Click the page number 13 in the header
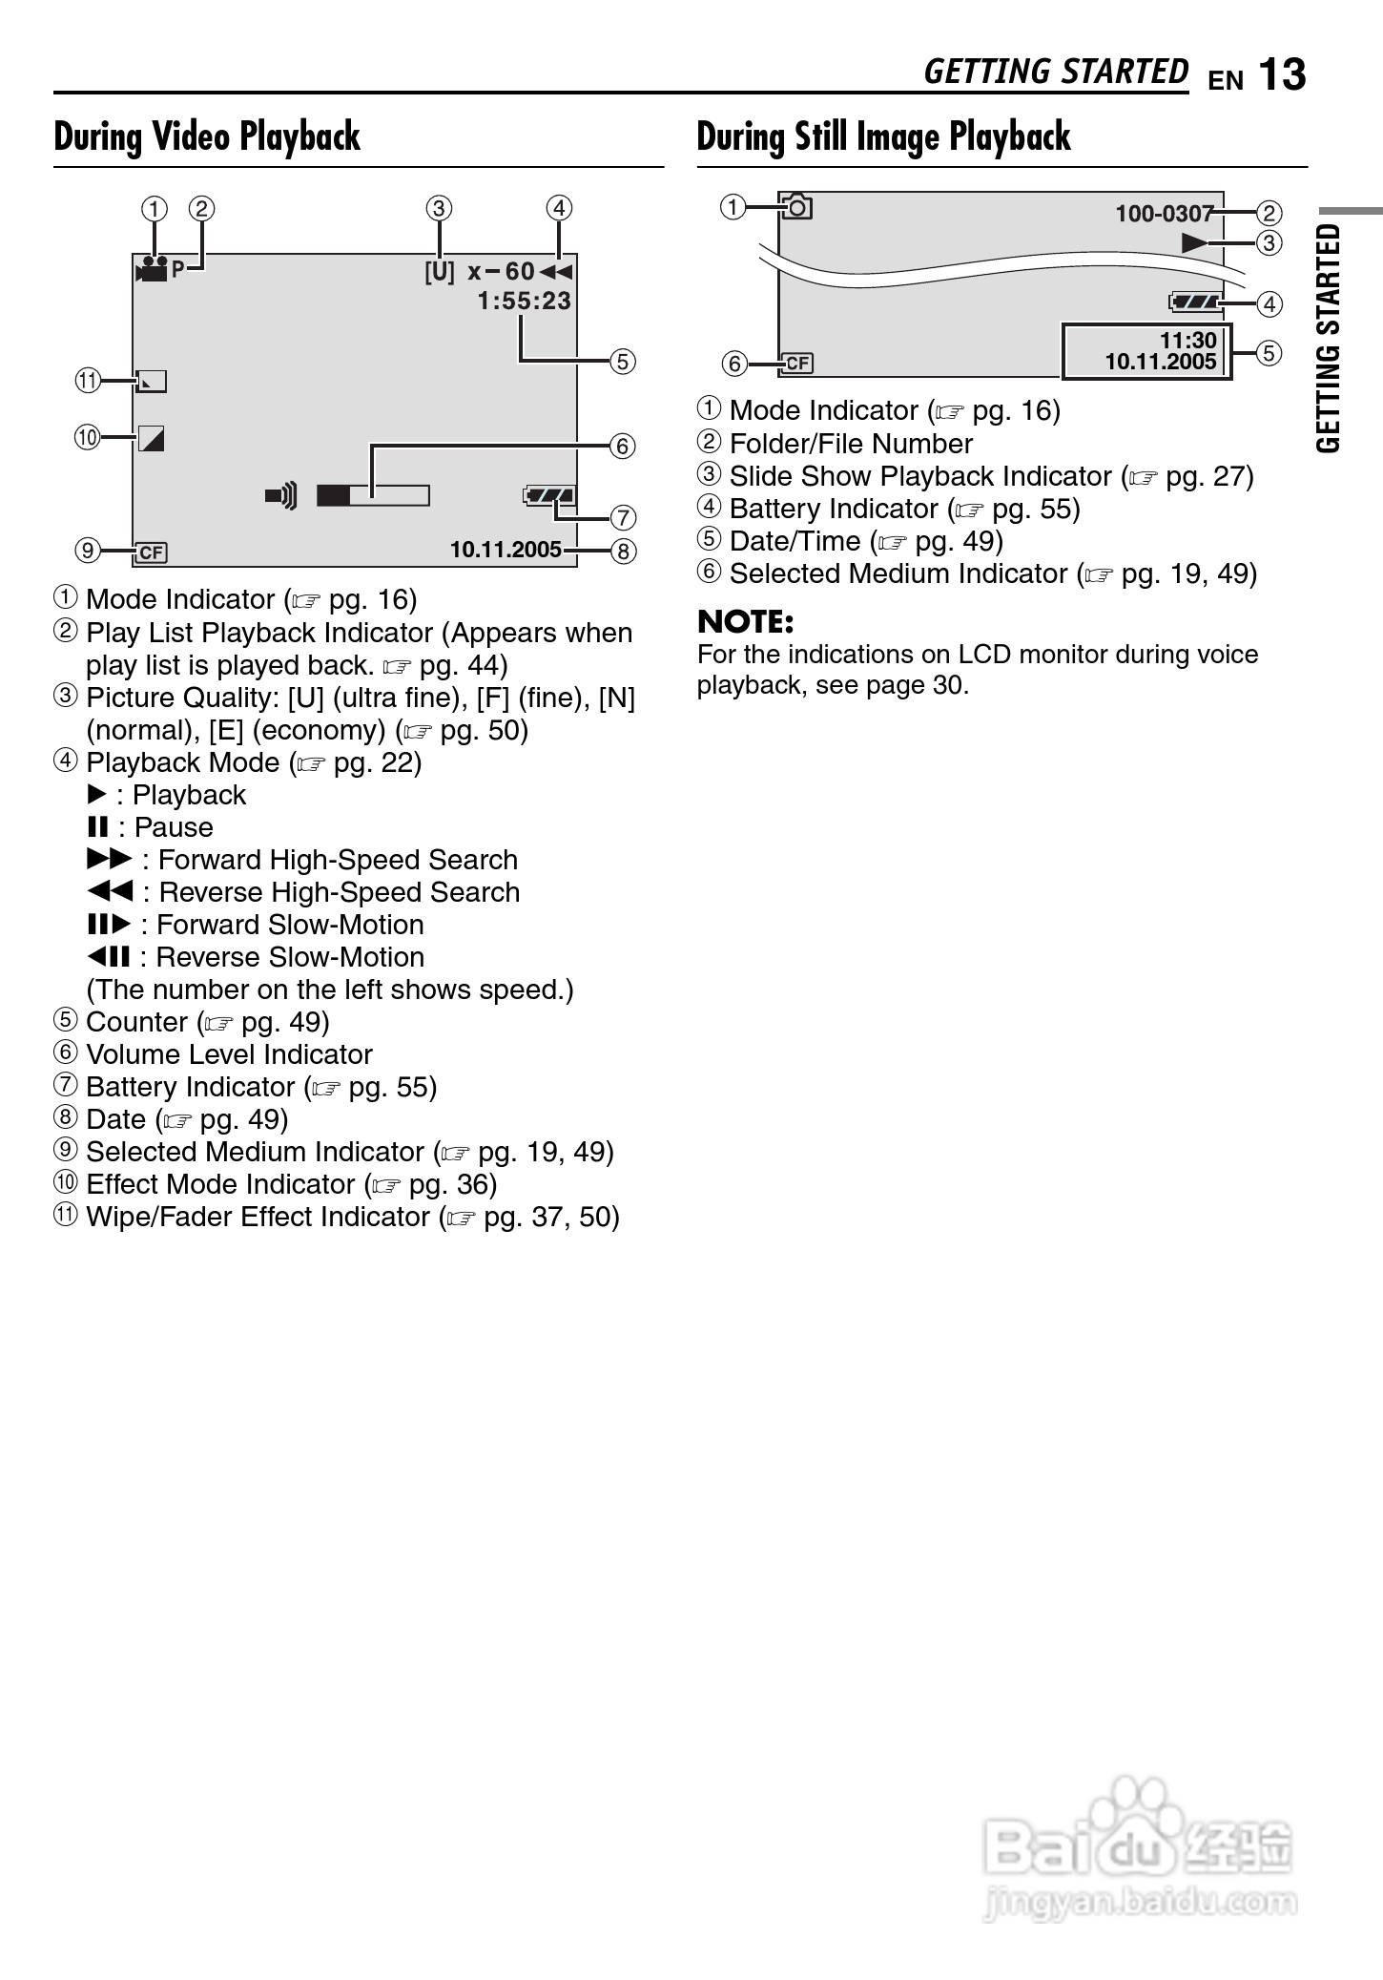coord(1282,75)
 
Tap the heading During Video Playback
coord(207,136)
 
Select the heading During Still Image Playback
coord(883,136)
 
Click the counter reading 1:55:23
coord(524,302)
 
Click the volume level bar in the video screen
coord(373,495)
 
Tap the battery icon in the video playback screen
coord(549,495)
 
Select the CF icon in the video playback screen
coord(151,552)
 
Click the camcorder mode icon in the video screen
coord(152,269)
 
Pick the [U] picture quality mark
coord(440,272)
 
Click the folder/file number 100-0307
coord(1164,214)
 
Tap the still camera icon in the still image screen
coord(796,206)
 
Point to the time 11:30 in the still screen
coord(1187,341)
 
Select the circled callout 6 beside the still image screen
coord(733,364)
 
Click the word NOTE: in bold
coord(745,622)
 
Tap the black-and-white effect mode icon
coord(151,439)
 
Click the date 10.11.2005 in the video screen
coord(506,551)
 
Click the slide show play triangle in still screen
coord(1194,242)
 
